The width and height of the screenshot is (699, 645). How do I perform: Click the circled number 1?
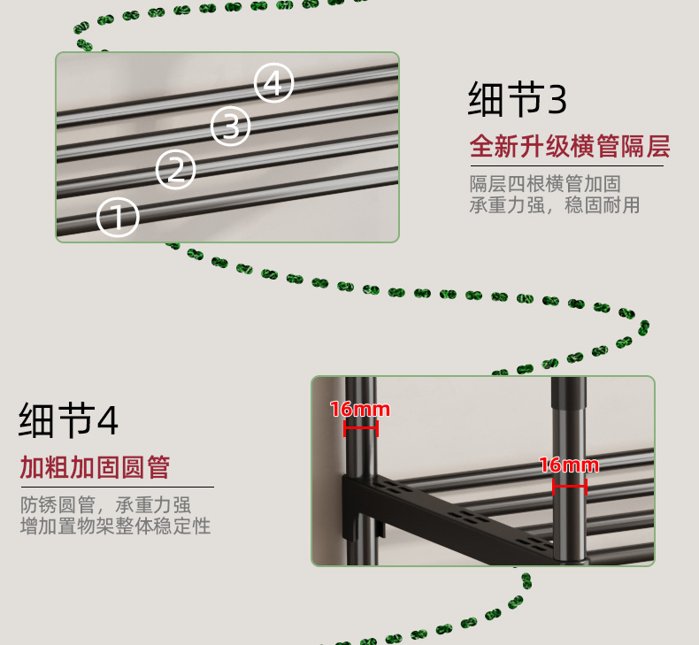118,217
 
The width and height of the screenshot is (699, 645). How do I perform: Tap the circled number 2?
176,169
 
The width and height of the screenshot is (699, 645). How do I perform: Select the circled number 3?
230,126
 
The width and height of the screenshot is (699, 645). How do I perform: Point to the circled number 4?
274,84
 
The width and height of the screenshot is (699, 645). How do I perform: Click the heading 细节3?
517,100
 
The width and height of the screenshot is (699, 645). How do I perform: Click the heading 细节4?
68,421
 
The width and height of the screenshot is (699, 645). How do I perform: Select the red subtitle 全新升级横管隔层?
569,146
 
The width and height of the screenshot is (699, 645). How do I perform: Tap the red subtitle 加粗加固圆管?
95,467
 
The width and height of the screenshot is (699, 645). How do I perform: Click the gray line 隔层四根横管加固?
544,184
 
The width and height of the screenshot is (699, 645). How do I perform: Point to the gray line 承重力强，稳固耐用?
554,205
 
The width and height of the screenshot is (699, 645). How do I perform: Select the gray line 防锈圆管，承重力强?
105,505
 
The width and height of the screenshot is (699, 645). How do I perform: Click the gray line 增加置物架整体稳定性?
115,526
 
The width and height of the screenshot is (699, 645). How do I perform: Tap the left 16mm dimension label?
359,410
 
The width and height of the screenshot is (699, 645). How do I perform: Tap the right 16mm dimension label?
568,465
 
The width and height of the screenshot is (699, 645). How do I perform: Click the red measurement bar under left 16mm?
361,428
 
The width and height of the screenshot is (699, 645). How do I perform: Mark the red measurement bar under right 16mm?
569,485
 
